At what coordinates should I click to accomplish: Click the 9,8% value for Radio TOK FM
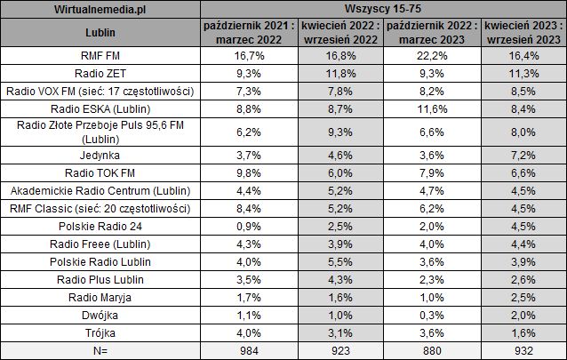point(244,172)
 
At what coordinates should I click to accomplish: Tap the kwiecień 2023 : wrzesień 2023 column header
point(523,34)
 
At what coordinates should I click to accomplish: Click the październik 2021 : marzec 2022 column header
point(244,34)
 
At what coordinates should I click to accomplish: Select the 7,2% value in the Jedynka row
point(523,155)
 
